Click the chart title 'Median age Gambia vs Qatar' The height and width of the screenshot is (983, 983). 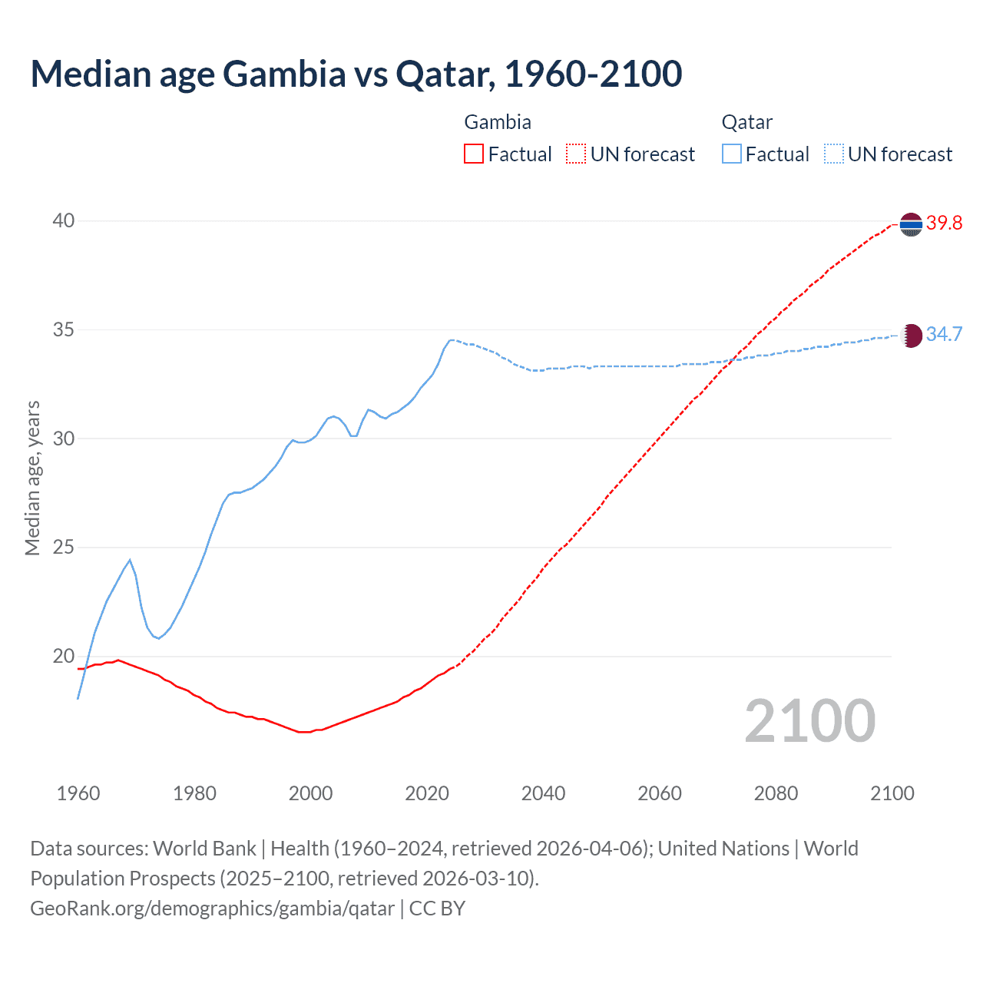(x=356, y=74)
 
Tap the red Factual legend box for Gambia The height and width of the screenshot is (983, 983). (x=474, y=154)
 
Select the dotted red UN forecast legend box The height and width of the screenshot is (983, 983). (x=576, y=154)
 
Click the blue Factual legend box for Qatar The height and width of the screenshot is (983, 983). (x=732, y=154)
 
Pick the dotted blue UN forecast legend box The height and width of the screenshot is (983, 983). (x=833, y=154)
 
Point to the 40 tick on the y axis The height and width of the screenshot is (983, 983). (x=64, y=221)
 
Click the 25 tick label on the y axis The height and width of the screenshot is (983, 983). (x=64, y=548)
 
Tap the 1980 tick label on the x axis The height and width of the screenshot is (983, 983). (x=194, y=793)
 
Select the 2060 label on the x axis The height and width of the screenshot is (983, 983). (x=660, y=793)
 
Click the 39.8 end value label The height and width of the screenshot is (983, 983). (x=944, y=223)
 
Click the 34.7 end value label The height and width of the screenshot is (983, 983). (x=944, y=334)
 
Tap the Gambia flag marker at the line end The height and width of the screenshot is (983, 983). (x=911, y=225)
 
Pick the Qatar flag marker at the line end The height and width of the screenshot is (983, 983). (x=911, y=336)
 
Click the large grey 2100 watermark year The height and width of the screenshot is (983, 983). (x=810, y=721)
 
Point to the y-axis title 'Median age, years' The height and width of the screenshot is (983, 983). (x=33, y=478)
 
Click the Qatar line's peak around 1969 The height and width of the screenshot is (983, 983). (x=130, y=560)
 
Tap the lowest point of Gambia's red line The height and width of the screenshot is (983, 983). (x=304, y=732)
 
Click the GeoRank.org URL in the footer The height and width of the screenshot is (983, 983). (x=212, y=909)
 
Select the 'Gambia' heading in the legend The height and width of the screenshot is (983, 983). (x=498, y=122)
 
